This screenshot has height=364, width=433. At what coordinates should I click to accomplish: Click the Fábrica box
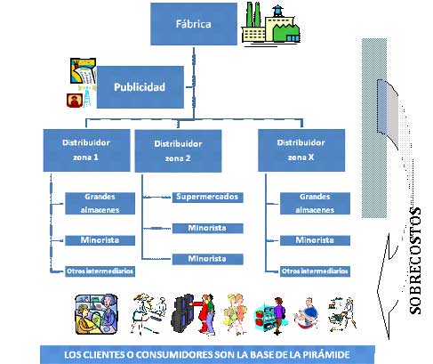coord(194,24)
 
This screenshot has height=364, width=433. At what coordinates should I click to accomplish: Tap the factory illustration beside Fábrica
coord(271,24)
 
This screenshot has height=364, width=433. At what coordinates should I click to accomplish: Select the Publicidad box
coord(140,87)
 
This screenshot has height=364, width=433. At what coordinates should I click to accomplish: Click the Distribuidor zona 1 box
coord(86,150)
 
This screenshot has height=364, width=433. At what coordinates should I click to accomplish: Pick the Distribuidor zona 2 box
coord(178,150)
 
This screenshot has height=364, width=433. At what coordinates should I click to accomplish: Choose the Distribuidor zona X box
coord(301,150)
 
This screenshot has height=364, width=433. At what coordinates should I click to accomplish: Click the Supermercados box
coord(208,198)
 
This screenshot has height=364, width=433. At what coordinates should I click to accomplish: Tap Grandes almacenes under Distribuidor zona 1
coord(100,204)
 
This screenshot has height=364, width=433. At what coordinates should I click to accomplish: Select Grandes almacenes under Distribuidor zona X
coord(315,204)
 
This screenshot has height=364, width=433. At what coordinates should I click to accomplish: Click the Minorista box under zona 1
coord(100,240)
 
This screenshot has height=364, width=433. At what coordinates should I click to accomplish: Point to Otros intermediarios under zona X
coord(315,271)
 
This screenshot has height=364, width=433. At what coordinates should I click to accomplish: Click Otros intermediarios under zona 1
coord(100,271)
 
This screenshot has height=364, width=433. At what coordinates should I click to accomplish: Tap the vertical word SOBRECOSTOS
coord(415,261)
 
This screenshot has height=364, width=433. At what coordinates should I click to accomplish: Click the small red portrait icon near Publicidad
coord(75,101)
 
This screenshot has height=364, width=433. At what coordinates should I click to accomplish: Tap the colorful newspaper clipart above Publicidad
coord(83,71)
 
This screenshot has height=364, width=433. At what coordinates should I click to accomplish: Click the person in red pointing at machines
coord(204,314)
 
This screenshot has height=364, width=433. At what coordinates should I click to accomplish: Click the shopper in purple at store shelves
coord(278,315)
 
